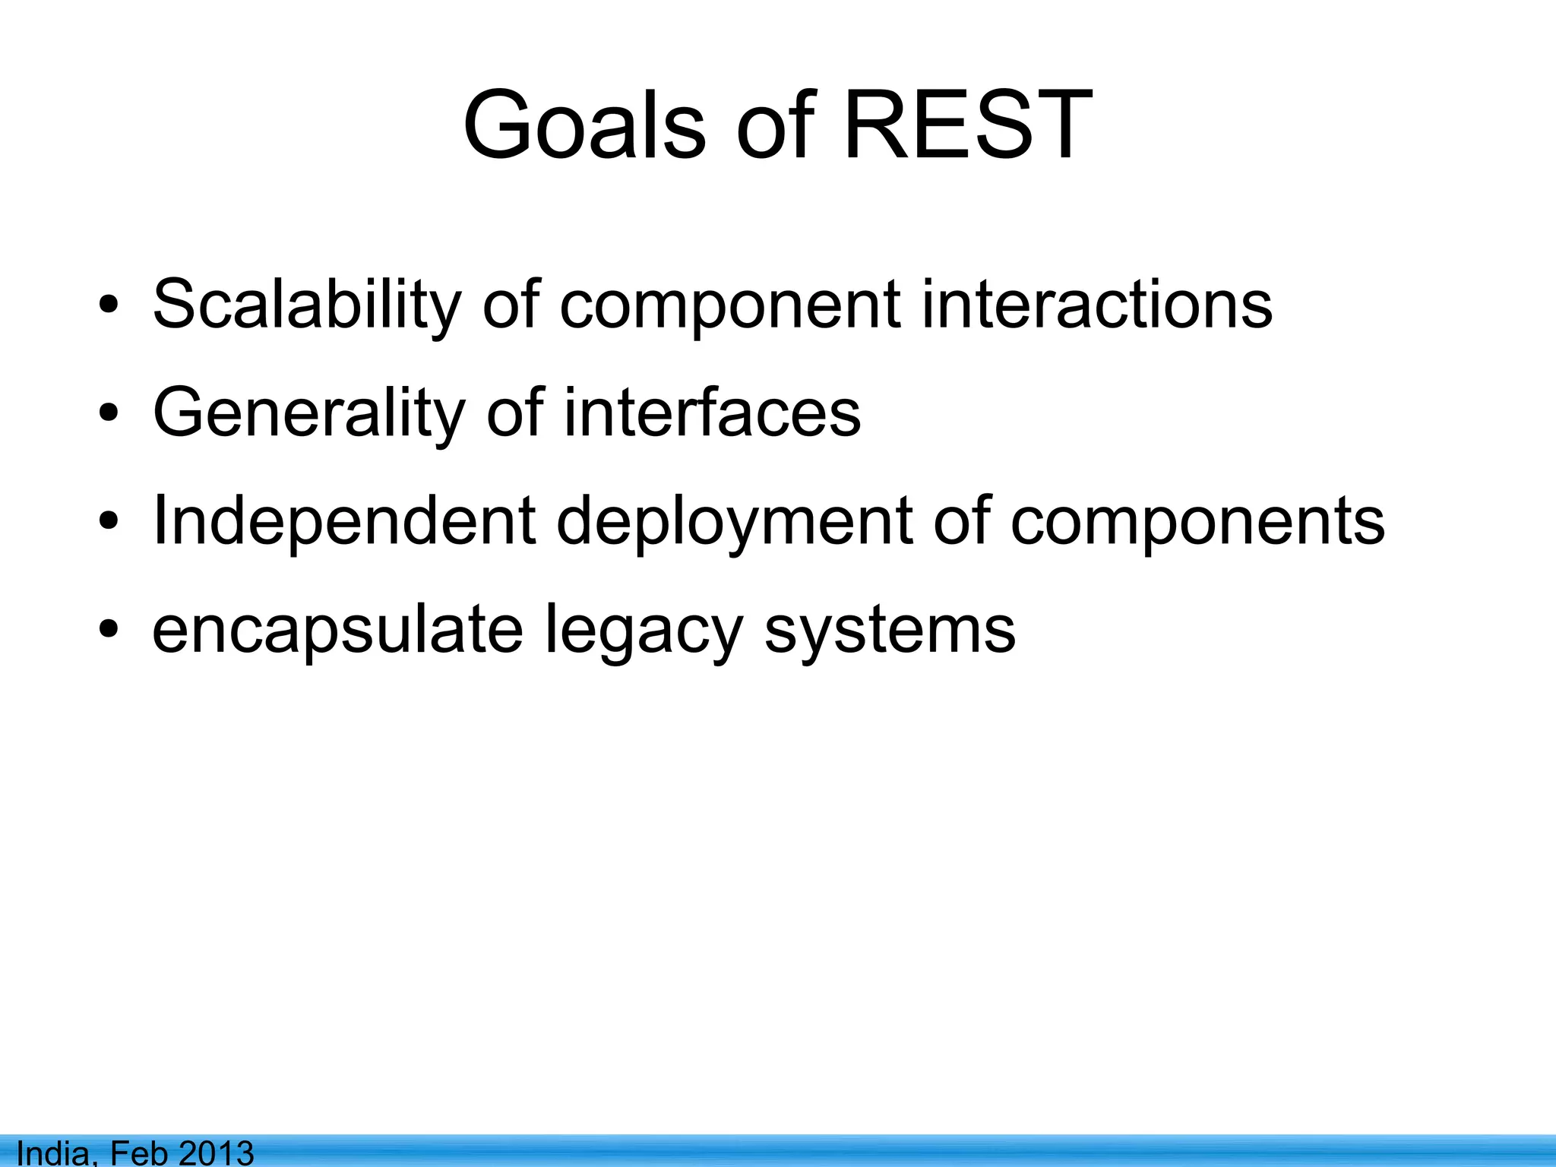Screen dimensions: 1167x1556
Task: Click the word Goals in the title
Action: click(x=584, y=126)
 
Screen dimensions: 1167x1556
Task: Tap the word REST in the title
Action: click(x=968, y=126)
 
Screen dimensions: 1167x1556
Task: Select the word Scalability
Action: click(x=307, y=305)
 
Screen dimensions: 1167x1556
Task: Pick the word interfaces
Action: click(x=712, y=413)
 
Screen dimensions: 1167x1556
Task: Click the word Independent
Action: click(x=344, y=522)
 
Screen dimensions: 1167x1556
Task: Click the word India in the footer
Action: click(x=55, y=1152)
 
